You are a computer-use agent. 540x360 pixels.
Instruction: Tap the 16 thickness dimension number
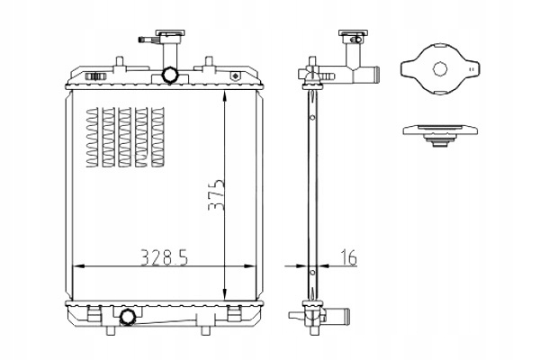348,257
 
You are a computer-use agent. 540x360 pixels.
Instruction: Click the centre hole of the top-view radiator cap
440,68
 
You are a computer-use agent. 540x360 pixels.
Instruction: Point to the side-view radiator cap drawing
439,136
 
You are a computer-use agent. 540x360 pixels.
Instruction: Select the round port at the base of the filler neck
168,74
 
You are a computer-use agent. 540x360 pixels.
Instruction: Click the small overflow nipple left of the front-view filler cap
144,40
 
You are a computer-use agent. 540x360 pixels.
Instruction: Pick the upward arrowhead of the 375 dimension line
225,94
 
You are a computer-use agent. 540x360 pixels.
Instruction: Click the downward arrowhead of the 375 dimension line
225,296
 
